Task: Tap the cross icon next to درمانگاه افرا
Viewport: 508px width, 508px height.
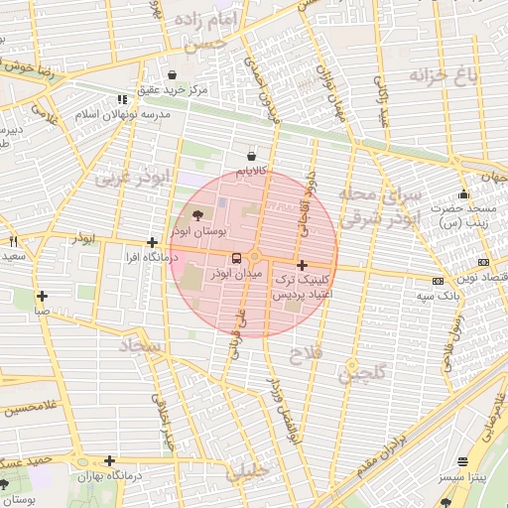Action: point(152,242)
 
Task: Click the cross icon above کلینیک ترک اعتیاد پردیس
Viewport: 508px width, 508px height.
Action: point(302,266)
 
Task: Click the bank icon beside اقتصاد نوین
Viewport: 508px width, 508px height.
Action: point(483,262)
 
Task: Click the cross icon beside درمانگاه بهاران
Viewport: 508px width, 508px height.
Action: point(109,461)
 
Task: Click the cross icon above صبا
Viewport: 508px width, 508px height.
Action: point(42,296)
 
